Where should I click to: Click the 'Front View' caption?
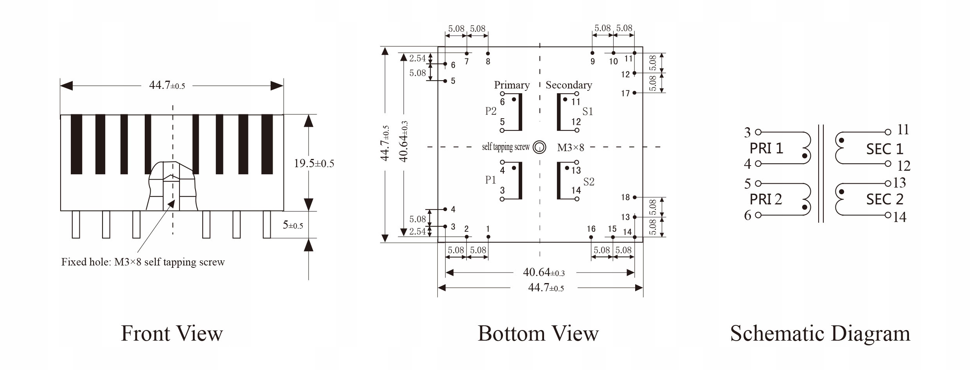[x=172, y=334]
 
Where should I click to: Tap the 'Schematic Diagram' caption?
[x=820, y=334]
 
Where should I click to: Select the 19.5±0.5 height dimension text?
[x=314, y=163]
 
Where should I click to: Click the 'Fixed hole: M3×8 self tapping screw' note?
[x=143, y=262]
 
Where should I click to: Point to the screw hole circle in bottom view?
[x=540, y=147]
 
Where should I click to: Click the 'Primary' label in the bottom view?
[x=512, y=85]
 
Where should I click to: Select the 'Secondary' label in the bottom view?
[x=569, y=85]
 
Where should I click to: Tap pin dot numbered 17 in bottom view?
[x=634, y=93]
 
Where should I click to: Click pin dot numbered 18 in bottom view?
[x=634, y=197]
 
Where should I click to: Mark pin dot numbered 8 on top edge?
[x=488, y=53]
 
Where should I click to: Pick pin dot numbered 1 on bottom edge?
[x=488, y=237]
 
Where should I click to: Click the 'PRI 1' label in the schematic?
[x=766, y=148]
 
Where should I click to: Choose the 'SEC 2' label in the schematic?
[x=885, y=199]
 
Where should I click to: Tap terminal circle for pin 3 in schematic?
[x=758, y=132]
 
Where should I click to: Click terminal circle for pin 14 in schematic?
[x=888, y=215]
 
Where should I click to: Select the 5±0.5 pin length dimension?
[x=293, y=225]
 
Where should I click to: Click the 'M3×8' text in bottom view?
[x=570, y=148]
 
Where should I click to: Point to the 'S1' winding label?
[x=587, y=112]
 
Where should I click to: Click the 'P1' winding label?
[x=490, y=180]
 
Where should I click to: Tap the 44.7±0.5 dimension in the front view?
[x=167, y=85]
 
